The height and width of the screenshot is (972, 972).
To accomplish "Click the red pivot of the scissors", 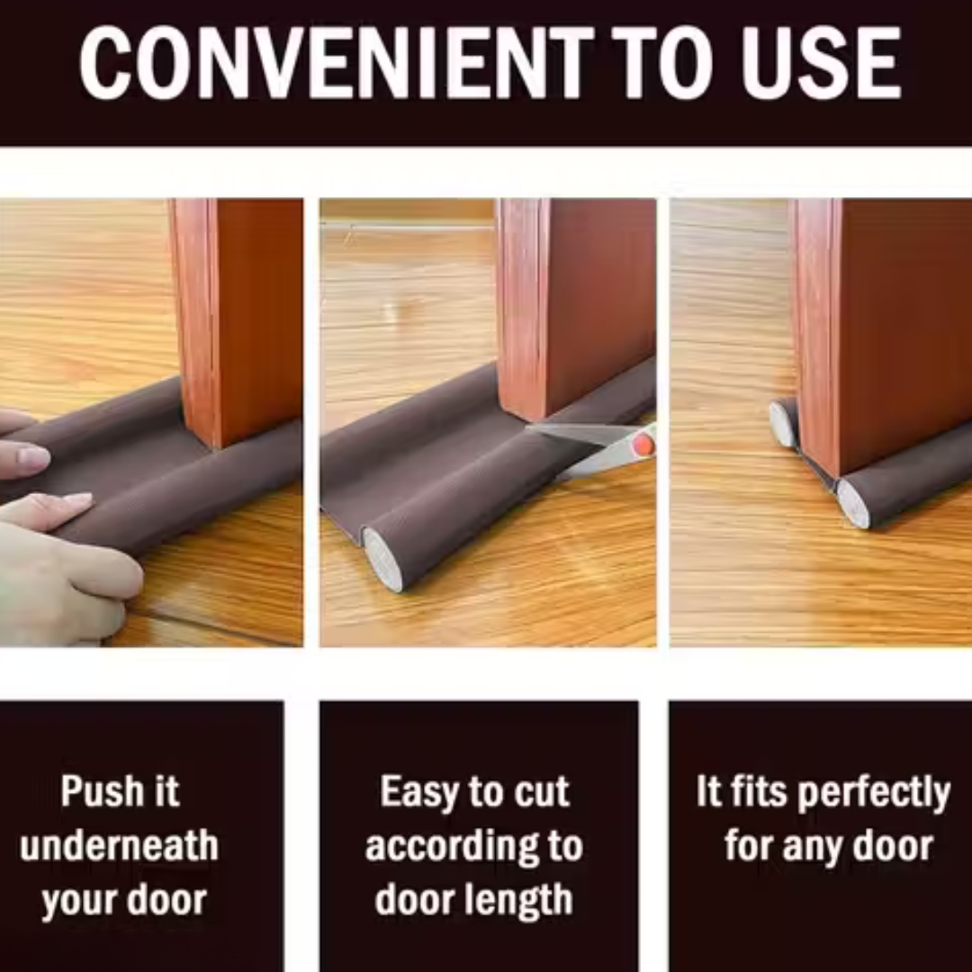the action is click(x=643, y=443).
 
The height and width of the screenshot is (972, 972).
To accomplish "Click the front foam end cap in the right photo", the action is click(x=853, y=503).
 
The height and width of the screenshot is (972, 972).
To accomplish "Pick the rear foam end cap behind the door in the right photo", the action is click(x=783, y=424).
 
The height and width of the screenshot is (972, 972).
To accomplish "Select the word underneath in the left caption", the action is click(x=119, y=846).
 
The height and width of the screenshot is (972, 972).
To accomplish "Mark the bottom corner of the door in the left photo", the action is click(x=216, y=447).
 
